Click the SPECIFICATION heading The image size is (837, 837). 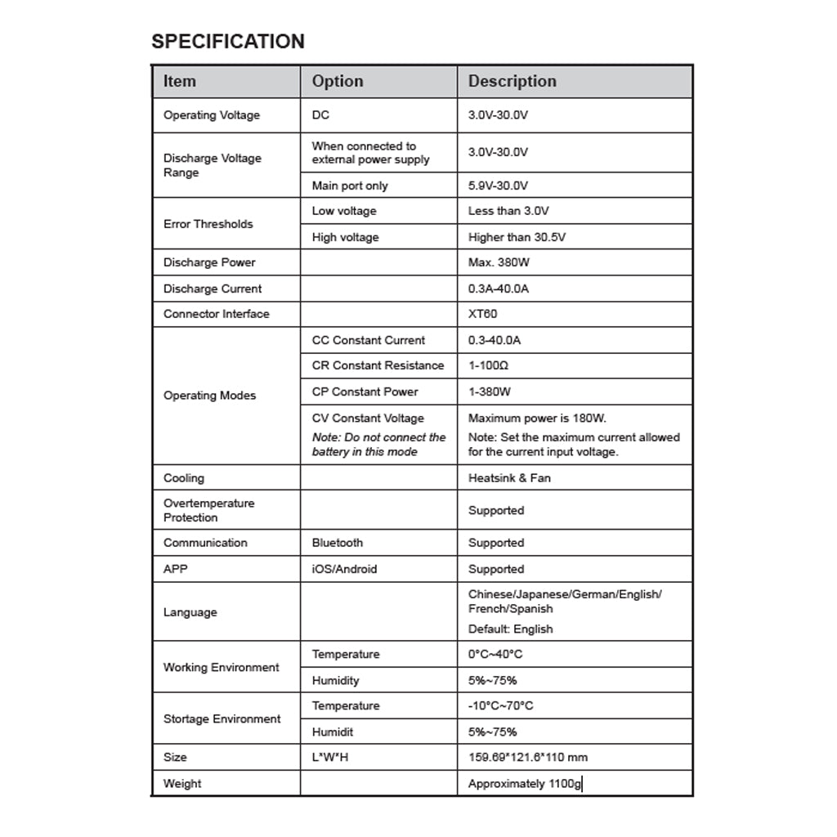228,42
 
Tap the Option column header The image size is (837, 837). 338,81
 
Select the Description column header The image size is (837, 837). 512,81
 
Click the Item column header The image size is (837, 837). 180,81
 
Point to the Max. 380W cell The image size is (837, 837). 499,262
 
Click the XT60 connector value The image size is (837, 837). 482,314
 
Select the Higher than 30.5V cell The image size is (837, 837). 517,237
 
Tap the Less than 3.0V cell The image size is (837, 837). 508,211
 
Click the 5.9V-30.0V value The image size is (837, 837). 498,186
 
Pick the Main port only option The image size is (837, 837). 350,186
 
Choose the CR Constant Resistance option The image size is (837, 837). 378,365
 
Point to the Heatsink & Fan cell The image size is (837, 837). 509,478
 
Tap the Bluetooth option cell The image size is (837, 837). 337,543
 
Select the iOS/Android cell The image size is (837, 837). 344,569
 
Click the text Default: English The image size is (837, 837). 510,629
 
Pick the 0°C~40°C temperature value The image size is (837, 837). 495,654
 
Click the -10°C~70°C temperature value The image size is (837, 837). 500,705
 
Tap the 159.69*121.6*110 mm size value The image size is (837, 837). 527,757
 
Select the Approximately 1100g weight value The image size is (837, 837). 525,784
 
